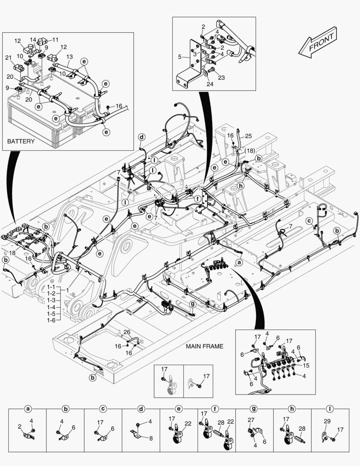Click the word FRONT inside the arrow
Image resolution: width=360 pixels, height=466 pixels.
pos(321,41)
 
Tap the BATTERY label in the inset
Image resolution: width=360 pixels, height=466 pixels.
pos(21,141)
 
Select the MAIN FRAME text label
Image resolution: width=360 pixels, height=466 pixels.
pos(204,346)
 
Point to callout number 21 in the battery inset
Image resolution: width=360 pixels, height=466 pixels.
pos(8,58)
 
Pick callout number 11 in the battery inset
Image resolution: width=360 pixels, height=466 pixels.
pos(56,39)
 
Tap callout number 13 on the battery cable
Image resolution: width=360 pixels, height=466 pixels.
pos(69,57)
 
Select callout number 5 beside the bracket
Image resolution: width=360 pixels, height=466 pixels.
pos(179,56)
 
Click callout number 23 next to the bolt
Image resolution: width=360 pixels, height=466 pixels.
pos(221,78)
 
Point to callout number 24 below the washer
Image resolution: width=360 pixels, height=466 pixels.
pos(210,84)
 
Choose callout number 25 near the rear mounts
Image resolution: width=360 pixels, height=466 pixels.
pos(248,136)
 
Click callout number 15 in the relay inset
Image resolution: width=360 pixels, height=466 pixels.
pos(307,365)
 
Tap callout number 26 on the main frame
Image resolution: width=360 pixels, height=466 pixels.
pos(127,332)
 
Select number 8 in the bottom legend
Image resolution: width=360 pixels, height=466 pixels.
pos(151,438)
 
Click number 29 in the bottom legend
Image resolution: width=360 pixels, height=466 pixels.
pos(327,421)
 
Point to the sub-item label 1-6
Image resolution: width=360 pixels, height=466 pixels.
pos(51,321)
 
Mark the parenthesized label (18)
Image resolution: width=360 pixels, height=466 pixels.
pos(250,151)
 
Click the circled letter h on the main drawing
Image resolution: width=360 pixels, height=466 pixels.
pos(241,186)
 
